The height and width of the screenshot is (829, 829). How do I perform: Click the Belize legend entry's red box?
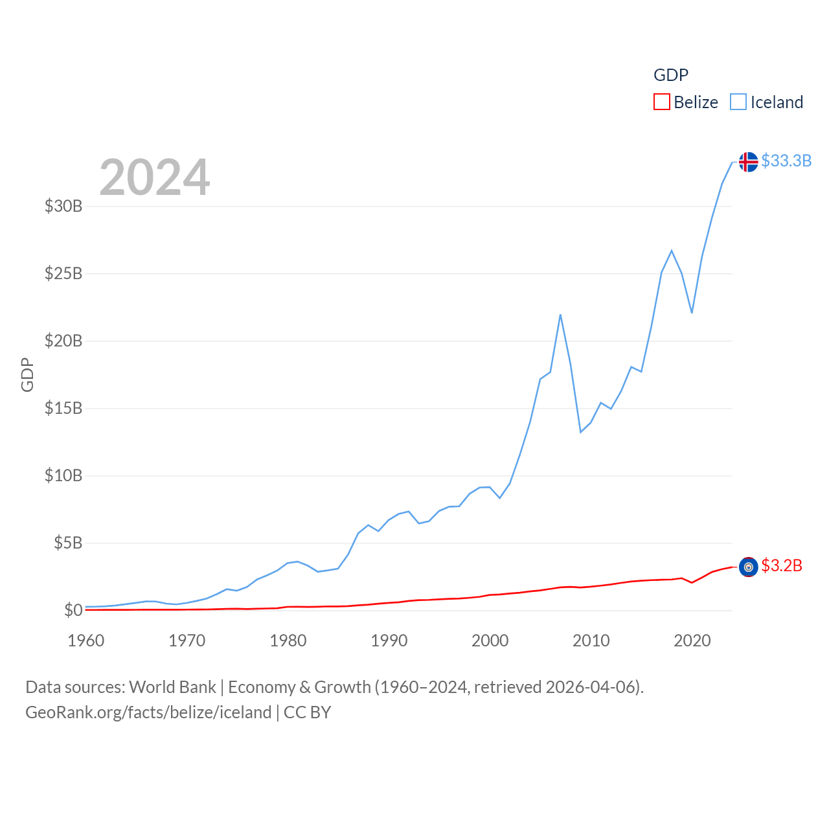[x=661, y=102]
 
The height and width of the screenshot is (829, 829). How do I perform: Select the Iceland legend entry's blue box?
[x=738, y=102]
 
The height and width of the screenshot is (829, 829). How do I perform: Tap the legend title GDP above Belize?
[x=670, y=75]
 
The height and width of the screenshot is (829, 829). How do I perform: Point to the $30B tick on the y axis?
[x=63, y=206]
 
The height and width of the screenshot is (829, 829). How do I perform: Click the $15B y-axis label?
[x=63, y=408]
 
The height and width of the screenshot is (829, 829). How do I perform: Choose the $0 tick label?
[x=73, y=610]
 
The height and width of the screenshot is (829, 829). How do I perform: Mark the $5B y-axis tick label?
[x=68, y=543]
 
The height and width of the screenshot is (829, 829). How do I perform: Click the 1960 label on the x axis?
[x=85, y=641]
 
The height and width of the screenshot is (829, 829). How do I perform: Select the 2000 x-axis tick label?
[x=490, y=641]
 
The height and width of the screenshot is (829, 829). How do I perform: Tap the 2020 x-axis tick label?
[x=692, y=641]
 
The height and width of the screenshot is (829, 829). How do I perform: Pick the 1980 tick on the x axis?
[x=288, y=641]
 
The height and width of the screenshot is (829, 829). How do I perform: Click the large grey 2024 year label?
[x=154, y=177]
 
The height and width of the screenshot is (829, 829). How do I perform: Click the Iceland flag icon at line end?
[x=748, y=162]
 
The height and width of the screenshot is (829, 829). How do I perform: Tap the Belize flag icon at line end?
[x=748, y=567]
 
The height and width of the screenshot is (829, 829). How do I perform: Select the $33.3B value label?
[x=786, y=161]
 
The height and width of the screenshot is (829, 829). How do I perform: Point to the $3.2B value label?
[x=782, y=565]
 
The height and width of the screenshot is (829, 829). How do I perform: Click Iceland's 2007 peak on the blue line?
[x=560, y=315]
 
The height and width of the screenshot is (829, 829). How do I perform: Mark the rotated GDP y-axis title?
[x=27, y=374]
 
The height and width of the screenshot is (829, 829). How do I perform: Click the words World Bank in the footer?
[x=172, y=687]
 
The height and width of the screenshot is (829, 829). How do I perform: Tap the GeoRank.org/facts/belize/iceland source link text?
[x=148, y=712]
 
